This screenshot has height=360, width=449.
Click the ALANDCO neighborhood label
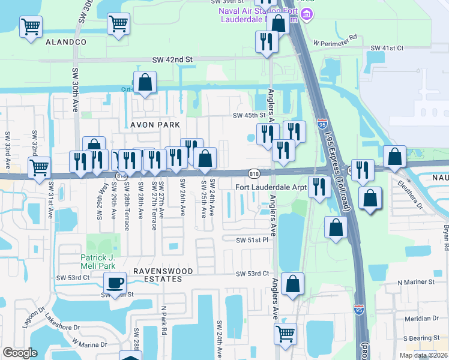[x=65, y=42]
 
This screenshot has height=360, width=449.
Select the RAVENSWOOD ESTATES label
[x=155, y=275]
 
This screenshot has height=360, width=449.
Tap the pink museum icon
[x=307, y=14]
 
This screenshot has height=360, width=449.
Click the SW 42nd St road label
[x=172, y=60]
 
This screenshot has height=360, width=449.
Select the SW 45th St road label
[x=249, y=116]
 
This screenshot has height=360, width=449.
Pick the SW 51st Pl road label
[x=251, y=240]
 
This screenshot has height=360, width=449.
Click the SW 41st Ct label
[x=387, y=48]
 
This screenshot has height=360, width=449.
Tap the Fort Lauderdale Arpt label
[x=271, y=187]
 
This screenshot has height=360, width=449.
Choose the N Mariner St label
[x=415, y=282]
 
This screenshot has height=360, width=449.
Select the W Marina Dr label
[x=89, y=343]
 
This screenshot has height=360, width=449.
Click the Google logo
[x=20, y=353]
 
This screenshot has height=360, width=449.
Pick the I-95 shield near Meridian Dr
[x=358, y=310]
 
